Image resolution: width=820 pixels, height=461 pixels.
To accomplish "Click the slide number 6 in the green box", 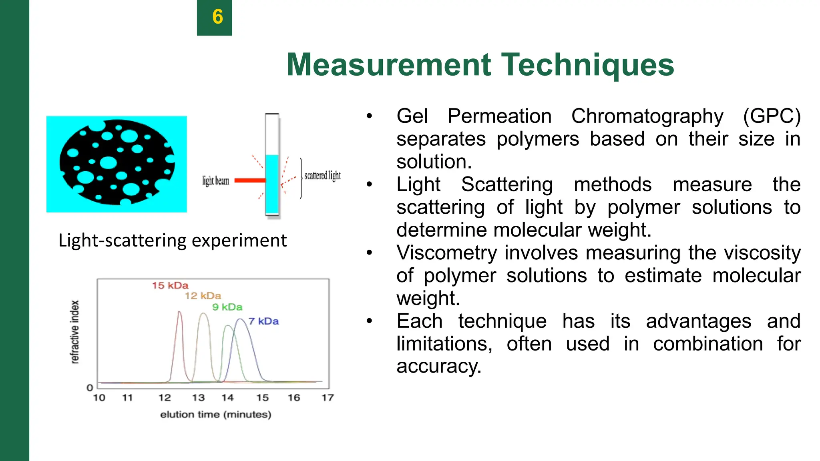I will (x=217, y=17).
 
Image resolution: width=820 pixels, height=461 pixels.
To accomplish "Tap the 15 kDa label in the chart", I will (x=170, y=285).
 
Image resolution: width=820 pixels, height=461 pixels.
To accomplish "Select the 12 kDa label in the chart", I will (x=203, y=296).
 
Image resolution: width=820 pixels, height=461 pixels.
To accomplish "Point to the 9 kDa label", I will (x=227, y=307).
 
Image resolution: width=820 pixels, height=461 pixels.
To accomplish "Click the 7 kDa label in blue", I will (x=263, y=321).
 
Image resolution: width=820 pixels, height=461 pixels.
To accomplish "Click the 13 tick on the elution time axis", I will (x=198, y=398).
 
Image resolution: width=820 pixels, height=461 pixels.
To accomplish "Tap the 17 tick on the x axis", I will (x=328, y=398).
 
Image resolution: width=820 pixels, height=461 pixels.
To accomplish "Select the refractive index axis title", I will (x=75, y=332).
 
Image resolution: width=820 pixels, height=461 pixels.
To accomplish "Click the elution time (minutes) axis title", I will (x=215, y=415).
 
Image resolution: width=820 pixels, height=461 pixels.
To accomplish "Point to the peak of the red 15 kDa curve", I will (x=179, y=312).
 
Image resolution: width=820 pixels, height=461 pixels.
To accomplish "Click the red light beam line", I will (x=249, y=180).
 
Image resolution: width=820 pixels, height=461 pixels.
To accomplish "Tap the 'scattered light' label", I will (x=322, y=175).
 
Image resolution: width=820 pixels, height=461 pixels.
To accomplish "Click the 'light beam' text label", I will (x=215, y=181).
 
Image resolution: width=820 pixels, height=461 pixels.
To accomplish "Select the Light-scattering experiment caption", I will (x=173, y=241).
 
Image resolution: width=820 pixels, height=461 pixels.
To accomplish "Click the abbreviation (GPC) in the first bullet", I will (x=771, y=116).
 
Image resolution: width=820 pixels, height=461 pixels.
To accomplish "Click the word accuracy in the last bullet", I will (x=438, y=366).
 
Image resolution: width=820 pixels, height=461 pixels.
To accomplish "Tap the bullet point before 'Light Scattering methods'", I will (x=369, y=185).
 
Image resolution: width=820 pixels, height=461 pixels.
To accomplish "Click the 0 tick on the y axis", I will (x=90, y=387).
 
